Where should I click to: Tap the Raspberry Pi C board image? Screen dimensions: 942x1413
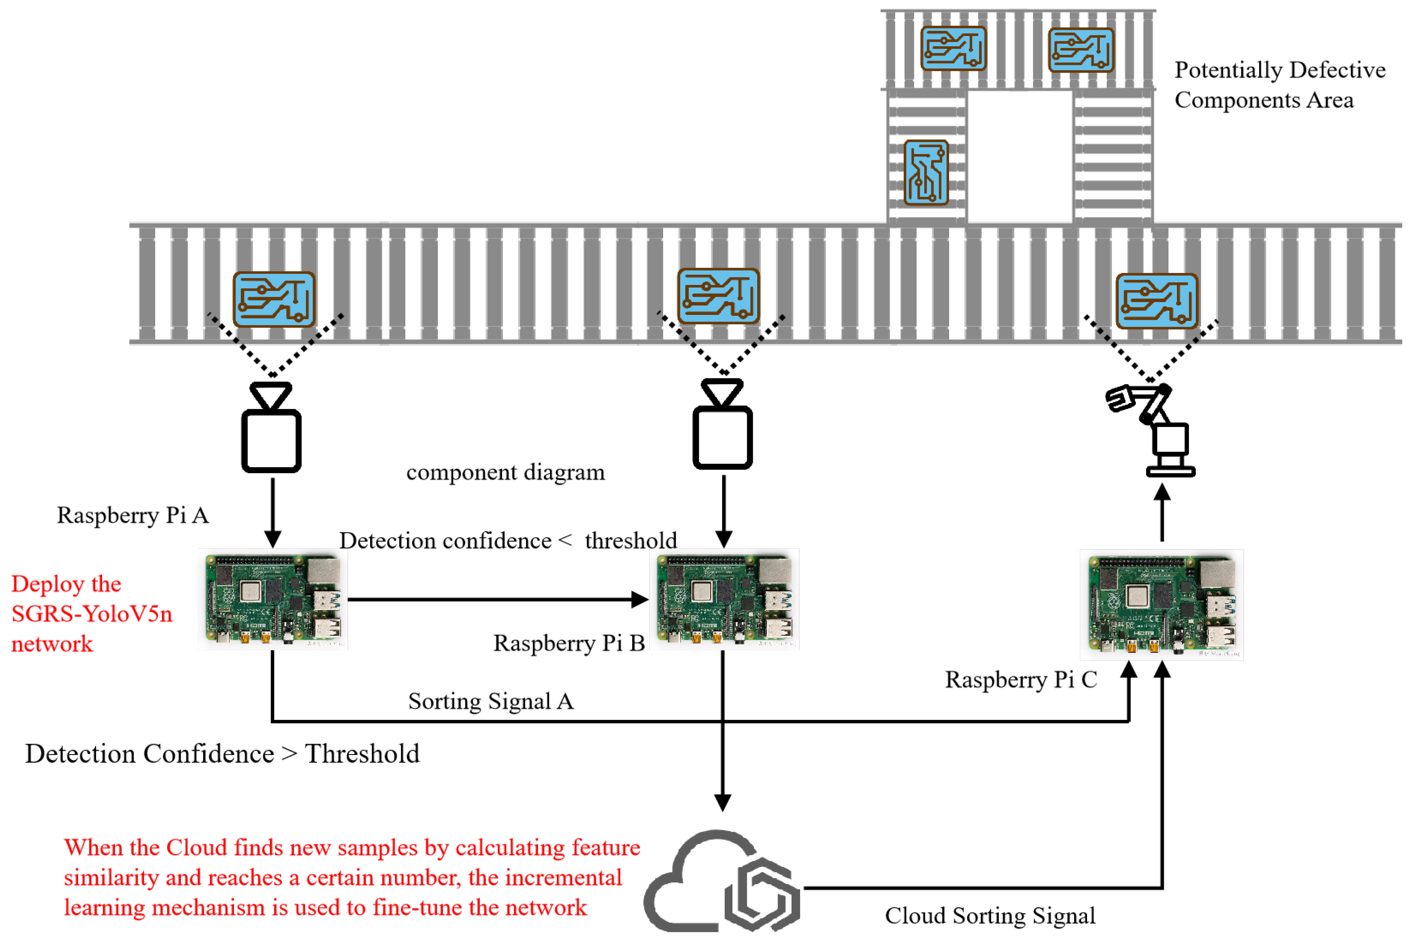1162,604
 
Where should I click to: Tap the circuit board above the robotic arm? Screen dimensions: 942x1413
1157,301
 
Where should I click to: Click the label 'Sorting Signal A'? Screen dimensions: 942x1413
491,701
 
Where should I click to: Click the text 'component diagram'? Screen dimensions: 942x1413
505,472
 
